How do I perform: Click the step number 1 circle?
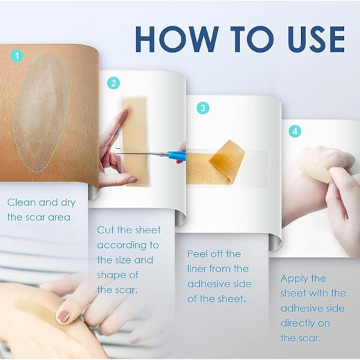[x=17, y=55]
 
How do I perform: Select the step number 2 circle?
[x=114, y=83]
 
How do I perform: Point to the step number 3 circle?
[x=203, y=108]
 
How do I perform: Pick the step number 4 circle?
[x=295, y=132]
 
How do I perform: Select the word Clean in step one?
[x=21, y=203]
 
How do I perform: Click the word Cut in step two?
[x=105, y=230]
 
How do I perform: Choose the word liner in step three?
[x=198, y=269]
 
